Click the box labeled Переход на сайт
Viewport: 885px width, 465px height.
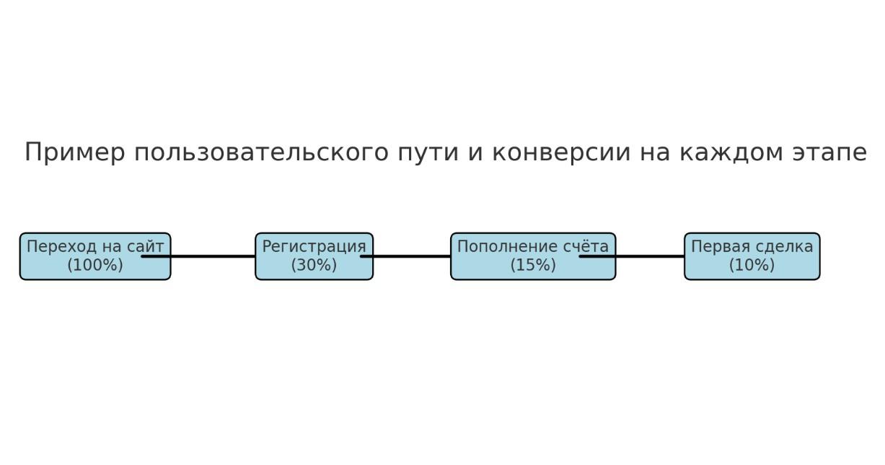[x=95, y=256]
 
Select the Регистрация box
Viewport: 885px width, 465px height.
[x=314, y=256]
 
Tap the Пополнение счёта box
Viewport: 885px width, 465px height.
[x=533, y=256]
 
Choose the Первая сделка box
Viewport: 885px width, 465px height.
[x=752, y=256]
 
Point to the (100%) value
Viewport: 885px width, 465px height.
[x=95, y=265]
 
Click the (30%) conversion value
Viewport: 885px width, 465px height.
[x=314, y=265]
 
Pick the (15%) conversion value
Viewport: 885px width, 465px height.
[x=533, y=265]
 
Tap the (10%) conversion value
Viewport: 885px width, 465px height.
[x=752, y=265]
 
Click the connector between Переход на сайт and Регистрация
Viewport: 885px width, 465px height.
[x=198, y=256]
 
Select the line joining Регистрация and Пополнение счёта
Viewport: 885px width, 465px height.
[x=406, y=256]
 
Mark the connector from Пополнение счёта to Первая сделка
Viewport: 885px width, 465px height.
[x=632, y=256]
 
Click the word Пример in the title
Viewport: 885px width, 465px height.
[x=75, y=152]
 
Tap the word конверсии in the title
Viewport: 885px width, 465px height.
[x=561, y=152]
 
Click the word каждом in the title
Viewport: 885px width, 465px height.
[x=731, y=152]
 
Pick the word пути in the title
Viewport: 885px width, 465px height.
[x=428, y=152]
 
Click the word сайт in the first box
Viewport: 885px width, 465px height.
[x=145, y=246]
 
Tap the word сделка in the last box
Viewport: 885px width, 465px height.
[x=784, y=247]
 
